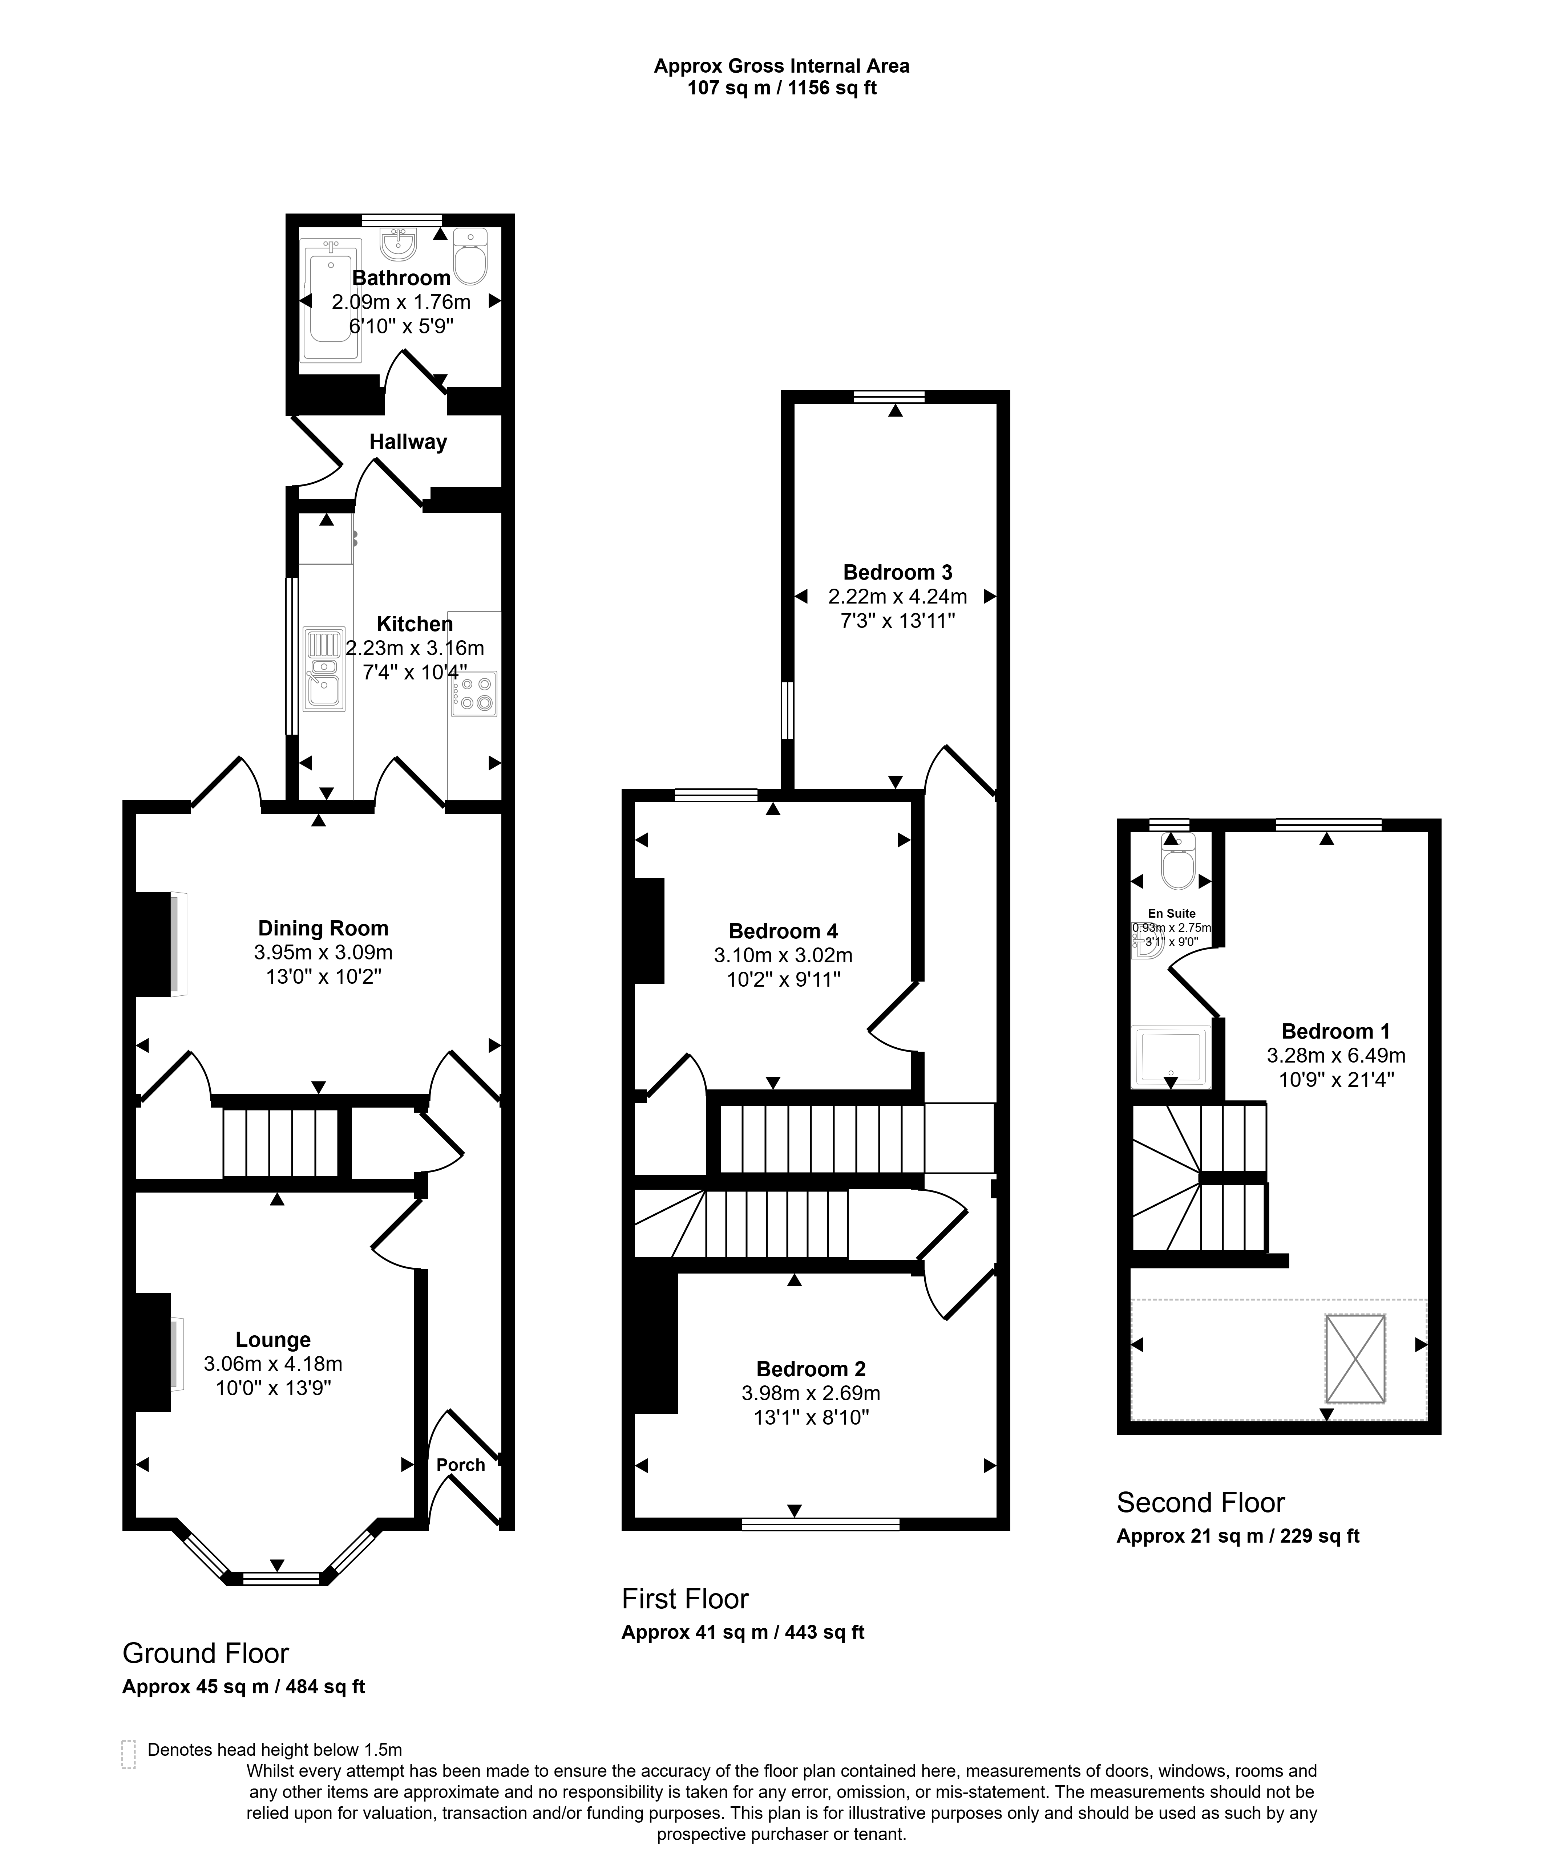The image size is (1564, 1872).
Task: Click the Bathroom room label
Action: (401, 278)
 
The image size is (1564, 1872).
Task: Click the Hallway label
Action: (408, 442)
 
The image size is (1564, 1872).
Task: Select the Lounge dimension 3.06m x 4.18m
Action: (273, 1364)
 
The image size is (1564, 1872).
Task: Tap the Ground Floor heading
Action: (206, 1654)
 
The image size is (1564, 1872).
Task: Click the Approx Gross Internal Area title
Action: (782, 66)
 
